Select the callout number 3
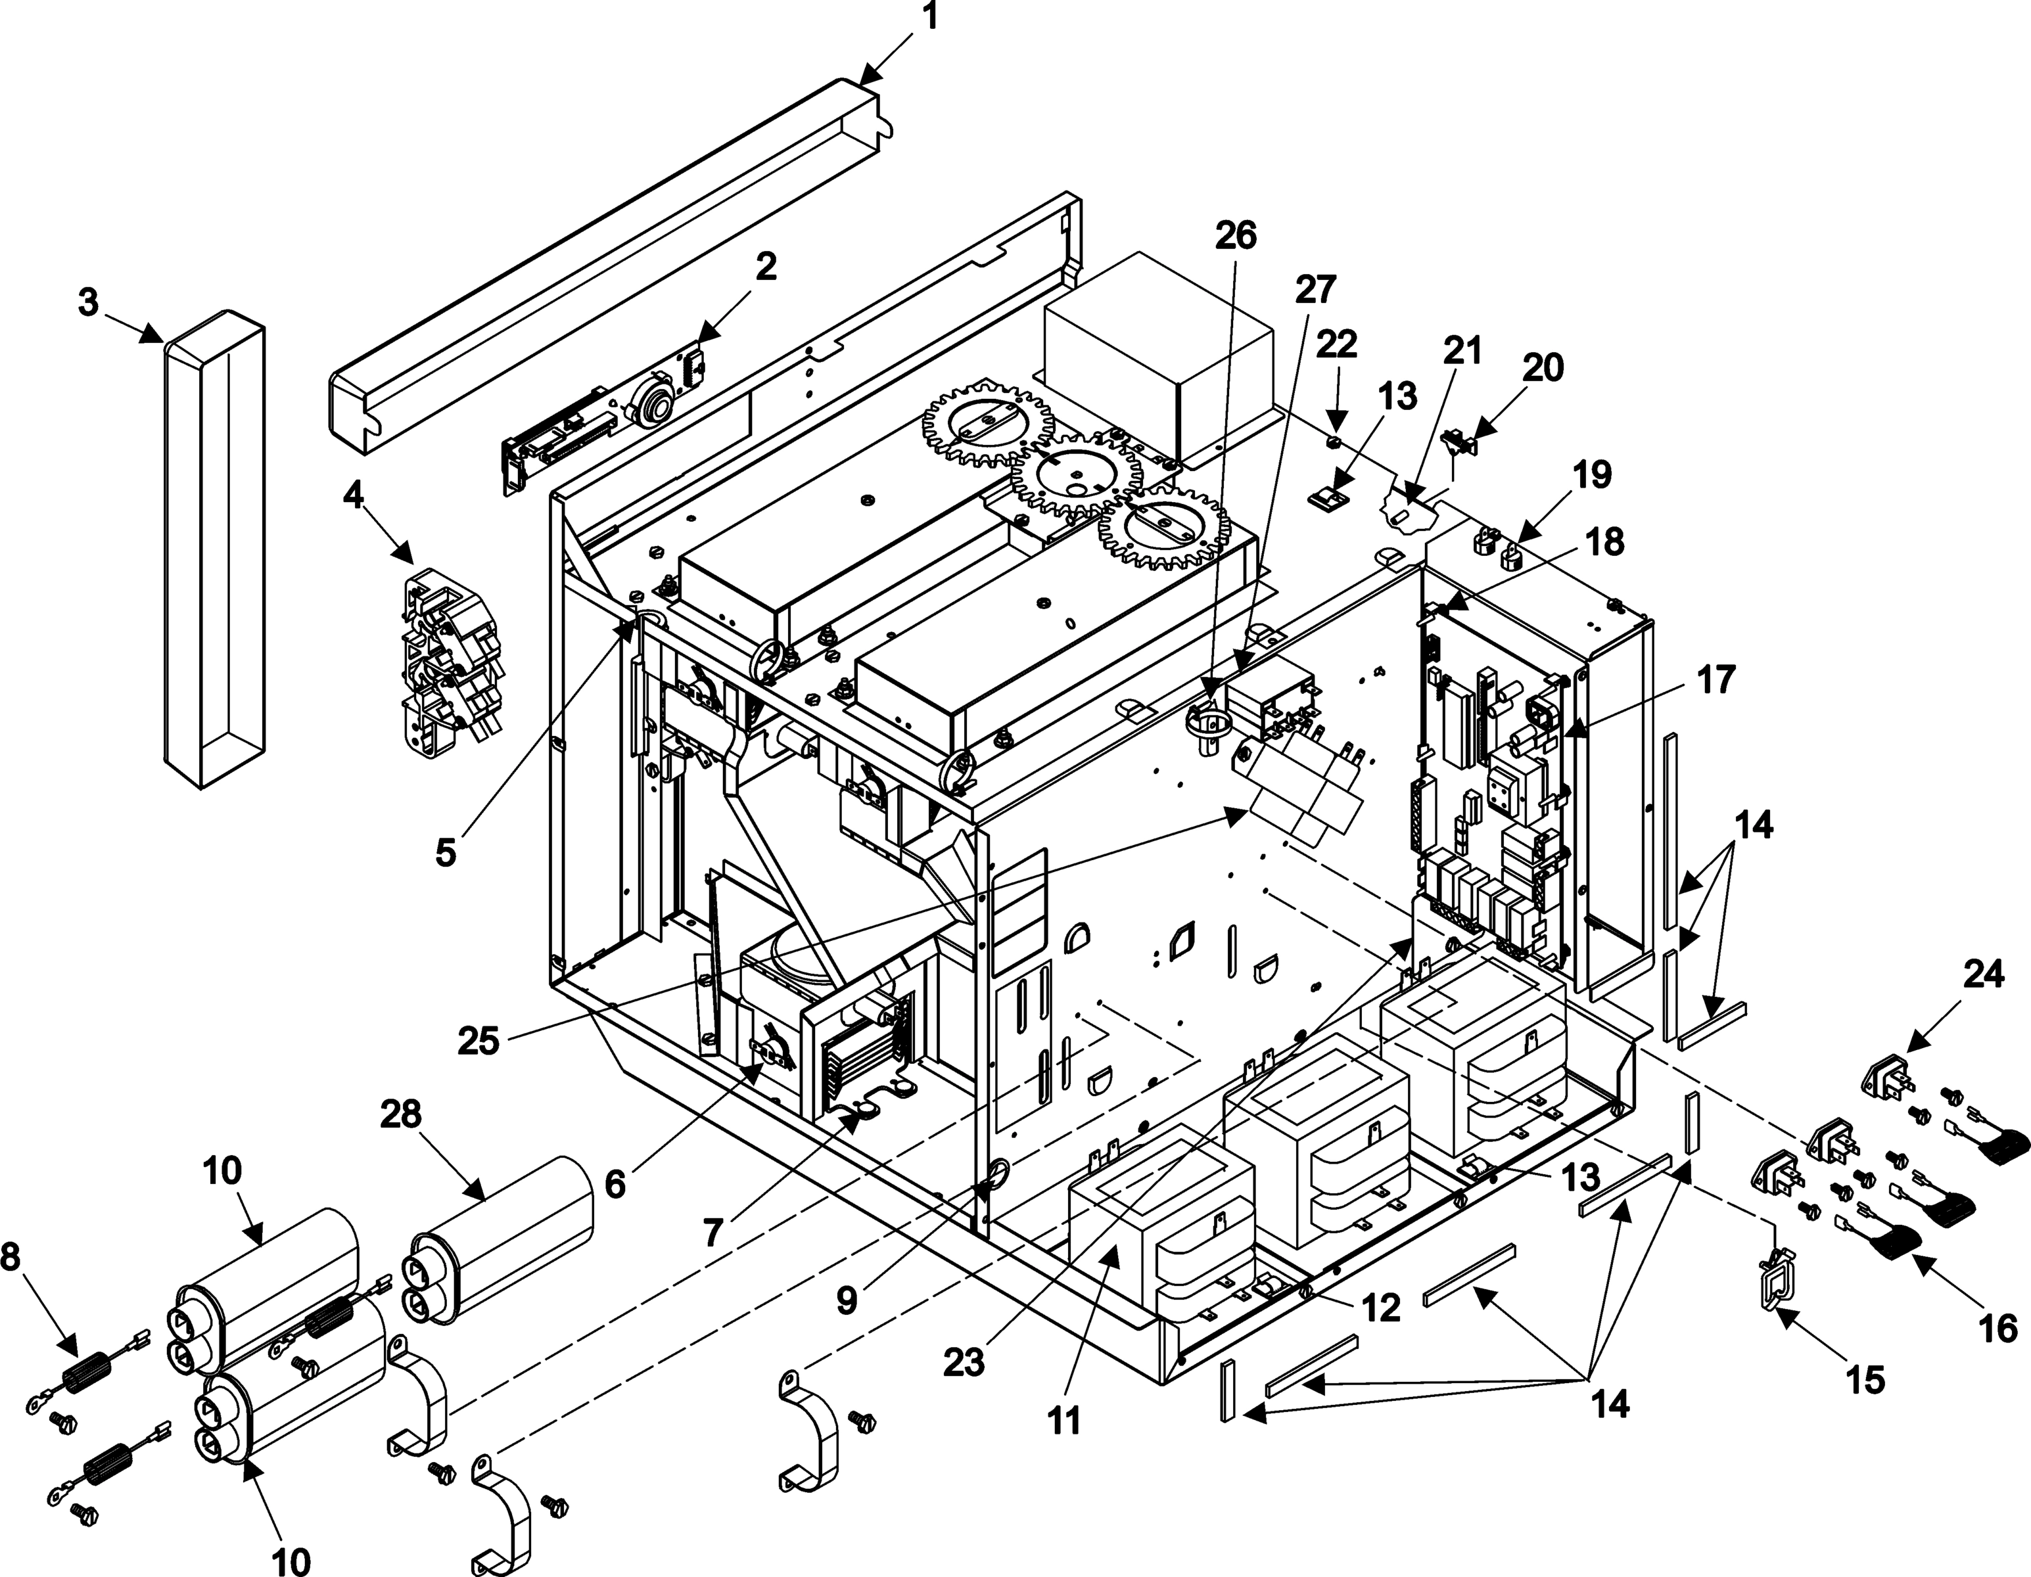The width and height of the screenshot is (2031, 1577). [88, 303]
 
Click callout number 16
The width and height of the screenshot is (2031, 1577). [1997, 1331]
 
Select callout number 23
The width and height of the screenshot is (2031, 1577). [964, 1363]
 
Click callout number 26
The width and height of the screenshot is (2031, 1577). [1236, 235]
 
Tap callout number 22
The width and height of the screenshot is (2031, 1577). [1336, 345]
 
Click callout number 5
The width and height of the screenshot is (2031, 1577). [446, 852]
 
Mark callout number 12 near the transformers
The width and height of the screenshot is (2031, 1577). [1380, 1308]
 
